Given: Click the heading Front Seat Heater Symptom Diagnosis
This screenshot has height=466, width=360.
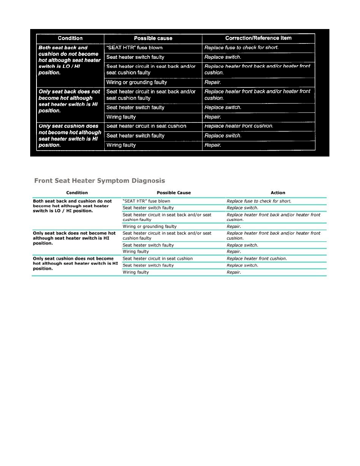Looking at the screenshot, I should coord(100,181).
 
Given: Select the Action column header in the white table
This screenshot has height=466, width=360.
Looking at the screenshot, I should coord(278,193).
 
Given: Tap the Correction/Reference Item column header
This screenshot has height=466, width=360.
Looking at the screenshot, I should coord(258,38).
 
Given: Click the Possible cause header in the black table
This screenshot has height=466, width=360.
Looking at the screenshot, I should coord(153,38).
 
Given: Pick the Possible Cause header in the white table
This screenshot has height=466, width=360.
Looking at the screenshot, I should coord(174,193).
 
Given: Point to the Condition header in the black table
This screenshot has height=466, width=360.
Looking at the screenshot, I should coord(70,38).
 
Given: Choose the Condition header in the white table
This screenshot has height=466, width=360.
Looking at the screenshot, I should coord(77,193).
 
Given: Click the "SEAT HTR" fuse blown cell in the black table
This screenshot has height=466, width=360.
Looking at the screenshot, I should coord(135,48).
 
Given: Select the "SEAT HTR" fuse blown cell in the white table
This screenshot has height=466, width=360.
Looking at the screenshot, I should coord(147,201).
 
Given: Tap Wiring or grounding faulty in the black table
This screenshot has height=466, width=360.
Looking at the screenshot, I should coord(136,82).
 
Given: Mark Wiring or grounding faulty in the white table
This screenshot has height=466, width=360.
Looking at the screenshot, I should coord(149,226).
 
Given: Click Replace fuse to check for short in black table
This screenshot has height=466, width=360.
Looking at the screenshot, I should coord(241,48).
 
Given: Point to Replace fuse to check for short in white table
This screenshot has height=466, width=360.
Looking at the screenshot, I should coord(259,201).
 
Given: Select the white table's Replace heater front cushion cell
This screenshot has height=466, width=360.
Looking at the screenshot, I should coord(256,258).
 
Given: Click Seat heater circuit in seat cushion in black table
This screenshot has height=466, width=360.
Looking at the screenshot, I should coord(146,126).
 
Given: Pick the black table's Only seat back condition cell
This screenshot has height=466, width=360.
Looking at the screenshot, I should coord(69,101).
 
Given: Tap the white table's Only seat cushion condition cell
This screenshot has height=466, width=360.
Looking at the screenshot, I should coord(75,264).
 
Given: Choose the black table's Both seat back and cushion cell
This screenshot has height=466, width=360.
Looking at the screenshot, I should coord(69,60).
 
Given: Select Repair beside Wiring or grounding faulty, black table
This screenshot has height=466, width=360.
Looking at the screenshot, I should coord(213,82).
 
